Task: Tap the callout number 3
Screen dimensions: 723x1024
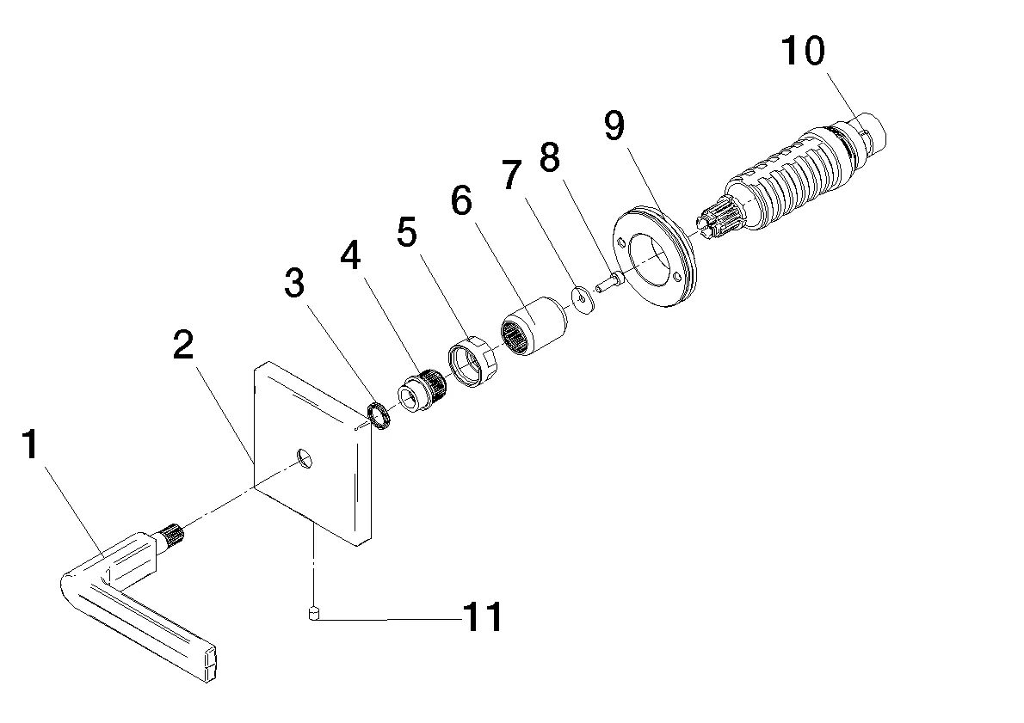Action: pyautogui.click(x=295, y=285)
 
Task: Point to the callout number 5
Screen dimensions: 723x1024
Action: pyautogui.click(x=406, y=232)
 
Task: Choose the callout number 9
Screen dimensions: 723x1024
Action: pyautogui.click(x=614, y=126)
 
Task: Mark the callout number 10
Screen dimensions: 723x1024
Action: pyautogui.click(x=802, y=51)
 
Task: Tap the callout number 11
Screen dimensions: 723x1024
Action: pyautogui.click(x=483, y=617)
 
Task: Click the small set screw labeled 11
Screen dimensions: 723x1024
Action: pyautogui.click(x=314, y=614)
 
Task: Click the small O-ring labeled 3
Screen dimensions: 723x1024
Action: pyautogui.click(x=379, y=414)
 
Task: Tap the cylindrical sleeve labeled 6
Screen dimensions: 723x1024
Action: pyautogui.click(x=533, y=326)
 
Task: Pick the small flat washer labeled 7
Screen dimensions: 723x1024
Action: pyautogui.click(x=584, y=298)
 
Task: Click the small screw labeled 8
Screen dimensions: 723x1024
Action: pyautogui.click(x=613, y=280)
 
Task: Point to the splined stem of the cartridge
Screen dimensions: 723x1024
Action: pyautogui.click(x=719, y=218)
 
